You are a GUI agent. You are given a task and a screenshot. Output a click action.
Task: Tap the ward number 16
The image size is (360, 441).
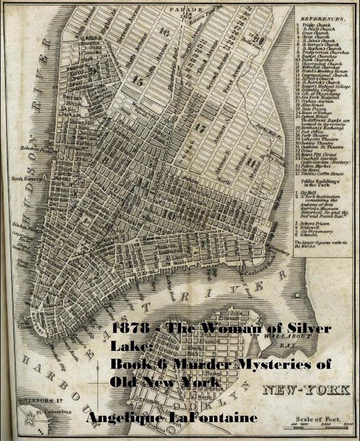[x=165, y=31]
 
